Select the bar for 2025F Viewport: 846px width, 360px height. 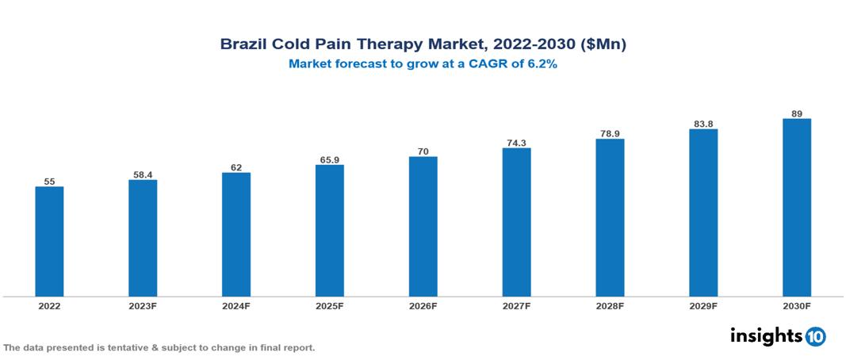tap(329, 230)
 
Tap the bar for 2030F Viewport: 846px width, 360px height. tap(796, 207)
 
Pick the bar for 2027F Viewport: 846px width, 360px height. tap(516, 222)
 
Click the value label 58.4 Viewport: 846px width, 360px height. tap(143, 173)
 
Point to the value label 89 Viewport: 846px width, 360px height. tap(796, 113)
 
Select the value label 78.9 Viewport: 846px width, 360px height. tap(610, 133)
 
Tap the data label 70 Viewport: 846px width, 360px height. tap(423, 151)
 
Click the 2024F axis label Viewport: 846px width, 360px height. tap(236, 305)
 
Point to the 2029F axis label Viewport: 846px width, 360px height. tap(703, 305)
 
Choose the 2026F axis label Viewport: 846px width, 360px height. tap(423, 305)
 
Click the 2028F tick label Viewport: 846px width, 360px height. tap(610, 305)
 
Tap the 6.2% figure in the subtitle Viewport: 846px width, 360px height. tap(542, 64)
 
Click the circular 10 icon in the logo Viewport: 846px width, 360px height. tap(815, 336)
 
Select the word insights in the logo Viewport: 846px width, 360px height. tap(765, 335)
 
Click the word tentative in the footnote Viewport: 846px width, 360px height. tap(120, 348)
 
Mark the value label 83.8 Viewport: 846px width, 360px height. tap(703, 123)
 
